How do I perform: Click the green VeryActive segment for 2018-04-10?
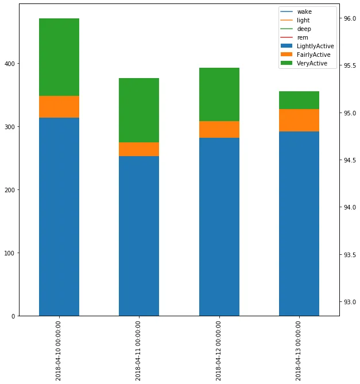click(59, 57)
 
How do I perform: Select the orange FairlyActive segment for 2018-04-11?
click(139, 149)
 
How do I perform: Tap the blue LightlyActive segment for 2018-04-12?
click(219, 227)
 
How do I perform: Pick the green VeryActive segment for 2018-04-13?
click(299, 100)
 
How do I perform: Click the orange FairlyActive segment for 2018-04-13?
click(299, 120)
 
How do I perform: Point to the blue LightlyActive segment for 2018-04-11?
click(139, 236)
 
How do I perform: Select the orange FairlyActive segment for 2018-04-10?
click(59, 107)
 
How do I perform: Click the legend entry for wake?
click(304, 11)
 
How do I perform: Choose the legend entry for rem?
click(303, 37)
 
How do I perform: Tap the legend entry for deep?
click(304, 29)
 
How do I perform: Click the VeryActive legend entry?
click(312, 63)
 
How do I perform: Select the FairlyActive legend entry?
click(313, 55)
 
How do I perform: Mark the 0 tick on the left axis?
click(14, 316)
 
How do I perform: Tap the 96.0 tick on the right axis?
click(350, 18)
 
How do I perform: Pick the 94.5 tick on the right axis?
click(350, 160)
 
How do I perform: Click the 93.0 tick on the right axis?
click(350, 302)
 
